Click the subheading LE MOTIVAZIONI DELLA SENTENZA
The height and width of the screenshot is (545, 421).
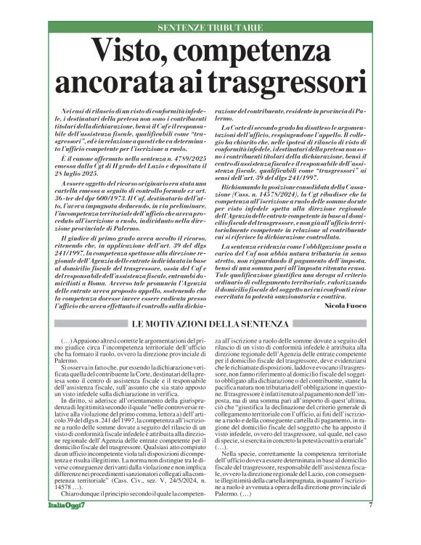[x=210, y=323]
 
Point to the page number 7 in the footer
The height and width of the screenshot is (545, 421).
[x=370, y=525]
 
